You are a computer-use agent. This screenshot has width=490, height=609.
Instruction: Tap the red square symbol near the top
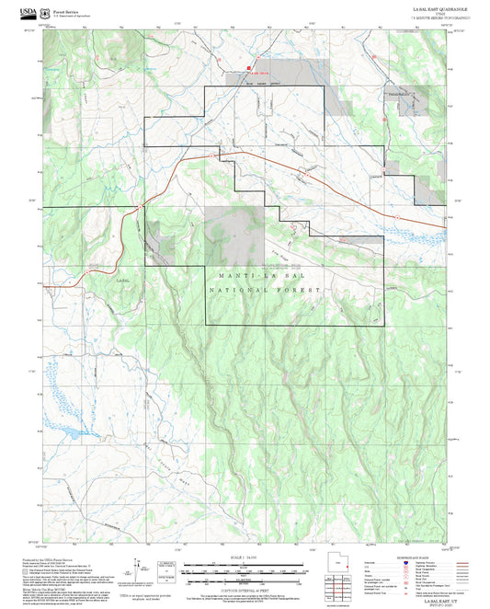247,68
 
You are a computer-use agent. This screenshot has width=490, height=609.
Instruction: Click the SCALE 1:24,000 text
245,557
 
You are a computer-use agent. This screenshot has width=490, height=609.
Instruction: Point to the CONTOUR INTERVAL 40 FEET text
245,585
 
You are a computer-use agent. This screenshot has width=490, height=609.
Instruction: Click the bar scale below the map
245,569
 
